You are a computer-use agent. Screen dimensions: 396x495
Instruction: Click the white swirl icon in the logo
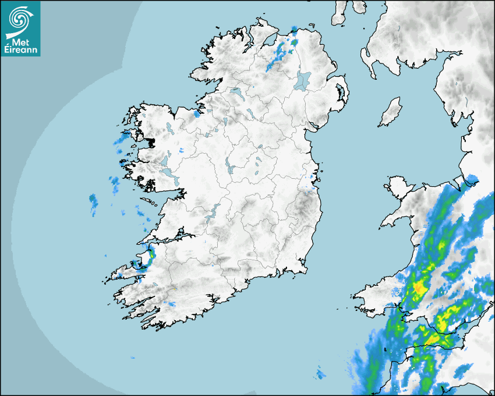point(19,19)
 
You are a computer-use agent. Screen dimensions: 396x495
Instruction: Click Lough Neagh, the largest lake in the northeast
point(303,80)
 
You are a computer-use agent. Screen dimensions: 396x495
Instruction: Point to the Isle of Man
point(390,112)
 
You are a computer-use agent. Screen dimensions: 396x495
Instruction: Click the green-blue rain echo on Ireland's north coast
point(294,42)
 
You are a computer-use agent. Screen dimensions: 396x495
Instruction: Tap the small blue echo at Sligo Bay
point(197,114)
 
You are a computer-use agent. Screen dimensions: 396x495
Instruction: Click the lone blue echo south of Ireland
point(320,373)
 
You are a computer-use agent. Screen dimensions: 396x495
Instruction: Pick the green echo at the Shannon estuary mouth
point(151,254)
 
